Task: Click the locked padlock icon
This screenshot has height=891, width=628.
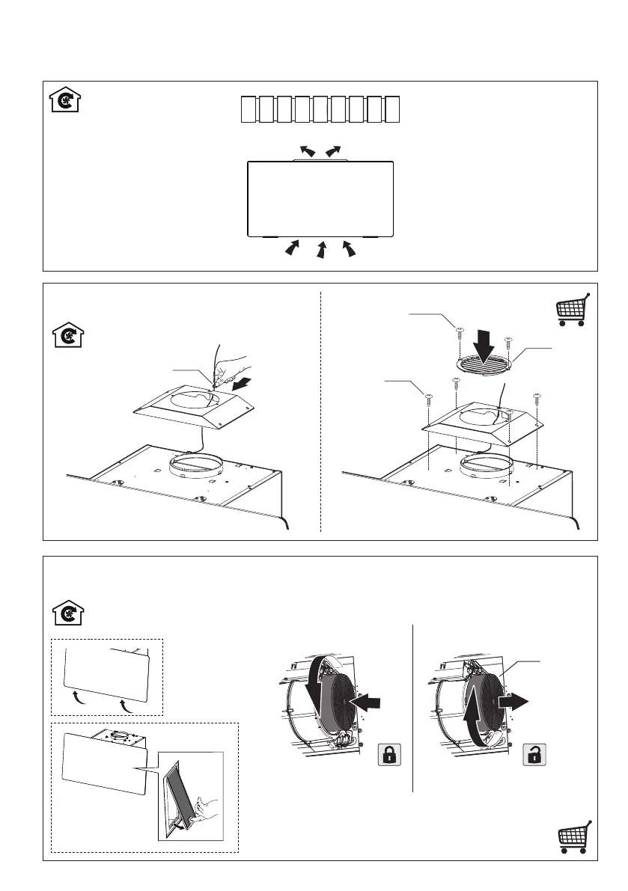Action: (x=388, y=755)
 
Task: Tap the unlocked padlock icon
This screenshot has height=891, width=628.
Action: (x=533, y=755)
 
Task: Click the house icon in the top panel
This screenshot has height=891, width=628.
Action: (x=66, y=100)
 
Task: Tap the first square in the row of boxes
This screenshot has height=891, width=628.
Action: (x=249, y=109)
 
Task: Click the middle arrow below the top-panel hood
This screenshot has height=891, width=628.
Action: (x=321, y=250)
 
